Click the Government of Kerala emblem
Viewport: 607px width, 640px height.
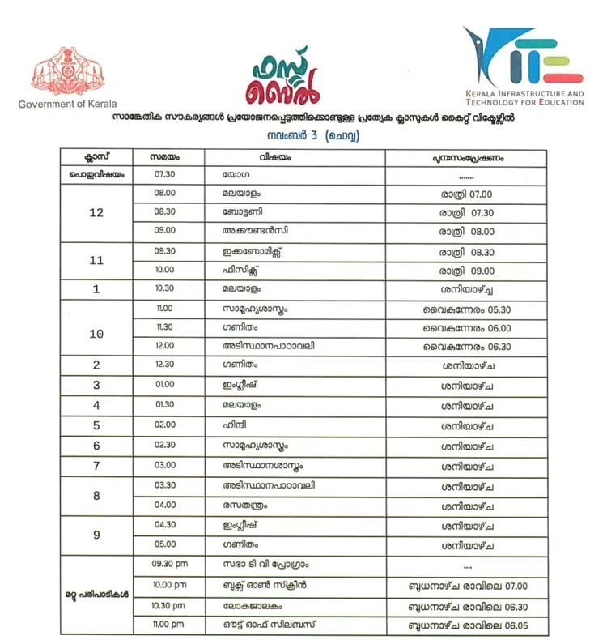(67, 73)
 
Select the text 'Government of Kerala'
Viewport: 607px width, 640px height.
(67, 105)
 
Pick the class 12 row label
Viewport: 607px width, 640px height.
(96, 213)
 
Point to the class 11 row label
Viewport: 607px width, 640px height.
(96, 262)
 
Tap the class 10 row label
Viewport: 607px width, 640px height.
(96, 333)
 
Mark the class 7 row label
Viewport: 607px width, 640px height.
(96, 466)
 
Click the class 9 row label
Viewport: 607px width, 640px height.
(96, 534)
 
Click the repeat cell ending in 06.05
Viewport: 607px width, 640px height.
(468, 625)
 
